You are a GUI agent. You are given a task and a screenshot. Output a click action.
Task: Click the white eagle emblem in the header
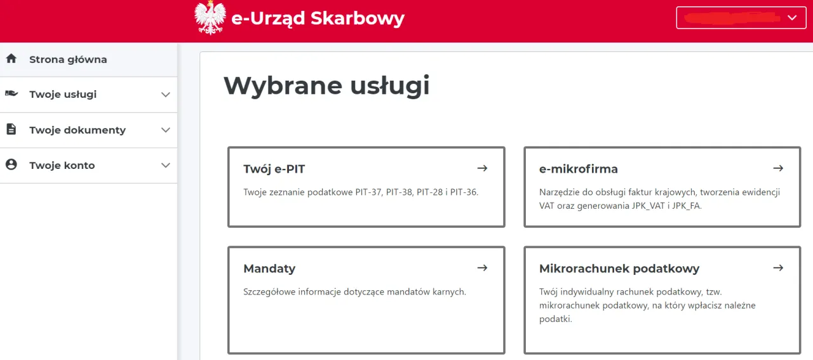click(210, 18)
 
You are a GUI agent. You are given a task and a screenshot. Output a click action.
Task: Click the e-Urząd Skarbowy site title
click(318, 18)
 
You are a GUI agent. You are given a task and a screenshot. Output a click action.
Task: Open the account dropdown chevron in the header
click(792, 18)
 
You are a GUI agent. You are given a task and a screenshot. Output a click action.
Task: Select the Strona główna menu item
click(68, 60)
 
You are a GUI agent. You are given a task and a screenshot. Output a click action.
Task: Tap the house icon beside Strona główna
click(11, 59)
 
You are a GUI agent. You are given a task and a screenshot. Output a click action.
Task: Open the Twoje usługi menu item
click(63, 95)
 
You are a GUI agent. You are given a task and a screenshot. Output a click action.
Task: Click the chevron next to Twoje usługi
click(166, 95)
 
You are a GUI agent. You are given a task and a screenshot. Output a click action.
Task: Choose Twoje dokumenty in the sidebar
click(77, 130)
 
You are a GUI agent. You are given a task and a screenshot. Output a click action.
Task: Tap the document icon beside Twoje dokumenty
click(11, 130)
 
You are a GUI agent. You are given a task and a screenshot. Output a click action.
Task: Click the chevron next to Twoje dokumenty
click(166, 130)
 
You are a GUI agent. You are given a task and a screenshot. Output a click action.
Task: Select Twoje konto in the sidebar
click(62, 166)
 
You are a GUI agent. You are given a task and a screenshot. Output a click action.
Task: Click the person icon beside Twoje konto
click(11, 165)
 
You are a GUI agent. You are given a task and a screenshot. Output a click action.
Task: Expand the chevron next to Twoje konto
click(166, 166)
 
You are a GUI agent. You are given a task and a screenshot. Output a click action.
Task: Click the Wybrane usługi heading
click(326, 86)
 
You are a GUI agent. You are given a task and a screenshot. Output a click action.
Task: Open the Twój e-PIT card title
click(274, 169)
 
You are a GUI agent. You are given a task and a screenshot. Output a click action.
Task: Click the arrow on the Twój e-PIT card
click(482, 168)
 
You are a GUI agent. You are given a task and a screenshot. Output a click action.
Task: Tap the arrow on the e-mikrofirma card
click(778, 168)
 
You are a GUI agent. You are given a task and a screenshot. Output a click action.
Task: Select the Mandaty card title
click(269, 269)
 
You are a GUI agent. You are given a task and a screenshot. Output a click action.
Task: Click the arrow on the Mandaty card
click(482, 268)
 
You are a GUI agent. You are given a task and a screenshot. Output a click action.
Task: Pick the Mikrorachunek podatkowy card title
click(619, 269)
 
